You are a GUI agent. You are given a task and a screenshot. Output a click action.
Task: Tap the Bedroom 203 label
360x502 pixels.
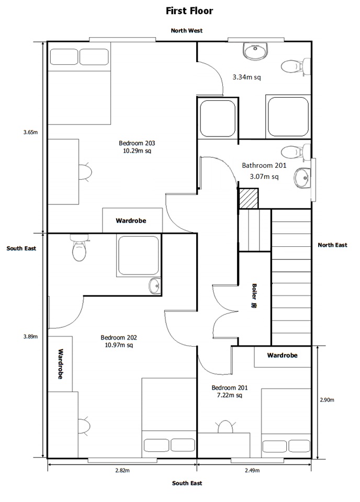click(x=137, y=143)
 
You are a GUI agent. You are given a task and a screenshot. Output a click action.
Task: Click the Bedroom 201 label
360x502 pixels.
click(x=229, y=387)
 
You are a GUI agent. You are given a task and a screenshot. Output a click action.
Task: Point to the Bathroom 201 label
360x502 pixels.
click(x=264, y=165)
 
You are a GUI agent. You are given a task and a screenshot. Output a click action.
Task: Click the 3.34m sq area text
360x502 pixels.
click(x=246, y=77)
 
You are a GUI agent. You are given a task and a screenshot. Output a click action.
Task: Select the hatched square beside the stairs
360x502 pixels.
click(x=249, y=199)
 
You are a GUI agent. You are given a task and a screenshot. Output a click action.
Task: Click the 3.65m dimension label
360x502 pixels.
click(x=30, y=132)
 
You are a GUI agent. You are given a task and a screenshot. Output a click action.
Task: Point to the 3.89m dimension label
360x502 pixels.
click(x=30, y=336)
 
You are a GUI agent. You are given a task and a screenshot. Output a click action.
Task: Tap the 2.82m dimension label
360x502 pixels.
click(x=122, y=471)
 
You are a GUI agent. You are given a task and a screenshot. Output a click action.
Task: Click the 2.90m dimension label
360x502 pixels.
click(x=327, y=400)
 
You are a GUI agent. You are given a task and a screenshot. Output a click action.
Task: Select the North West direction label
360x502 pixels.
click(x=186, y=31)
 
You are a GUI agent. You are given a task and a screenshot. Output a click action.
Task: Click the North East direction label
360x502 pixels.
click(x=332, y=245)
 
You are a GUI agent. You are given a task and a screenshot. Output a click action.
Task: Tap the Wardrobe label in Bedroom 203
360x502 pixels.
click(x=131, y=221)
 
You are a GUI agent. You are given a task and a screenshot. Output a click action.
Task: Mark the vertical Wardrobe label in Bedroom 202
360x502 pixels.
click(x=60, y=364)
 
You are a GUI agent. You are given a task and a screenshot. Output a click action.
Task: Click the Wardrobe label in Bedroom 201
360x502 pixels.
click(x=282, y=356)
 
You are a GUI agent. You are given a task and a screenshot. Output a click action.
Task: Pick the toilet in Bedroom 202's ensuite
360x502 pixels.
click(x=78, y=249)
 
